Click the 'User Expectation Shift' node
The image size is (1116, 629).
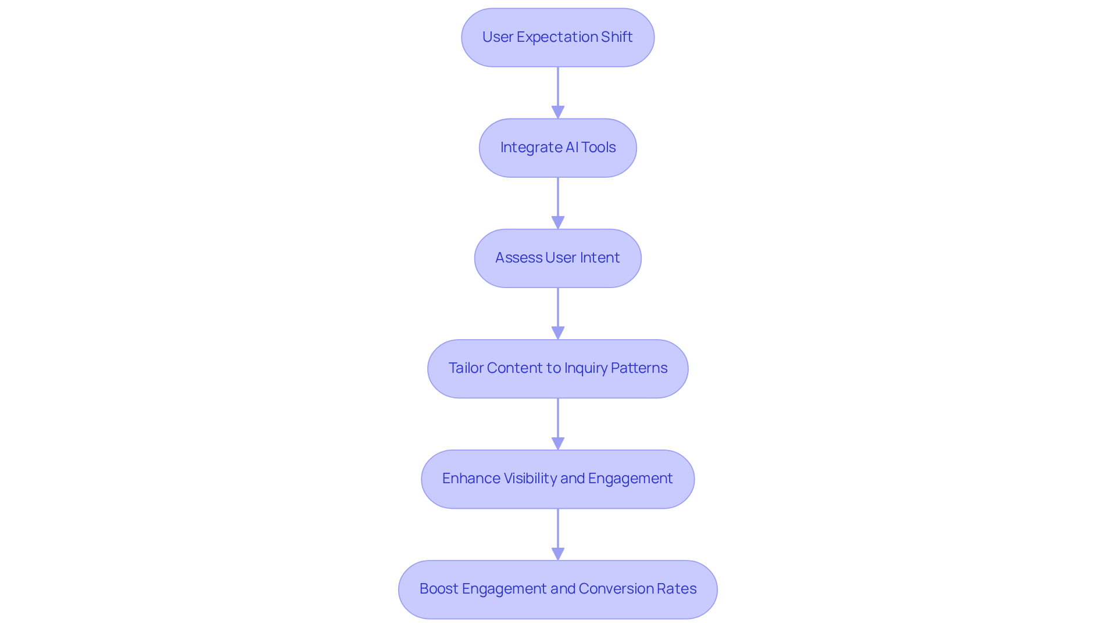pos(557,37)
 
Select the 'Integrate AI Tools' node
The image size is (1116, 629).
pos(557,148)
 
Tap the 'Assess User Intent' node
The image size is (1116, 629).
pos(557,258)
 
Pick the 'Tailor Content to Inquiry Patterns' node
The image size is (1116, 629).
pos(557,368)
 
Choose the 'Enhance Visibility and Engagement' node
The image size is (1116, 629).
pos(557,479)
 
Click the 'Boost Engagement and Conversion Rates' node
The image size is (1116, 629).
pos(557,589)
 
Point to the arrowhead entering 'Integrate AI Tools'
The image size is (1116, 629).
pos(557,112)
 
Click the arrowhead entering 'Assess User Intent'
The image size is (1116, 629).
pos(557,222)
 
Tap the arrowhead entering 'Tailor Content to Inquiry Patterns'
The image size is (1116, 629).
pos(557,333)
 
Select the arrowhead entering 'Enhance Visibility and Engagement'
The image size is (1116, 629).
pos(557,443)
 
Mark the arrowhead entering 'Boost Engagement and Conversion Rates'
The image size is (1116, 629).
pos(557,553)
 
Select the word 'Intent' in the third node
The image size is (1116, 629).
pos(599,258)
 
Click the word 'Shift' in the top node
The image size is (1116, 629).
pos(617,37)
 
